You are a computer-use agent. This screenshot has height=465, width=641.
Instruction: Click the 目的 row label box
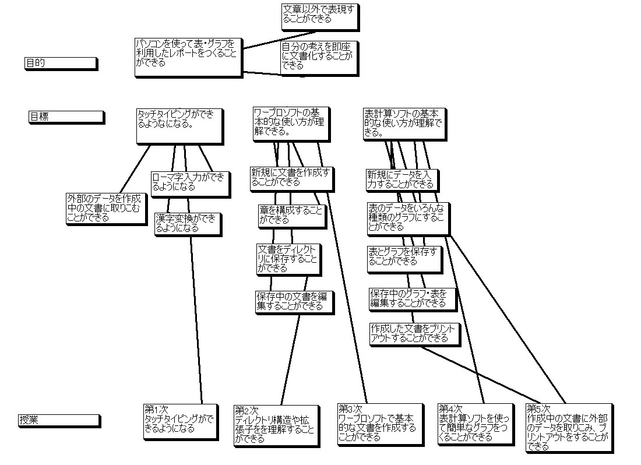point(60,63)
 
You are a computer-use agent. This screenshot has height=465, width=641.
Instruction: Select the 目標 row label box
point(66,117)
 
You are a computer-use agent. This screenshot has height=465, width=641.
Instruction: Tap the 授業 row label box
point(59,420)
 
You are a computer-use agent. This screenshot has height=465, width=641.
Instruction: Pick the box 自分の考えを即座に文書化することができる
point(318,57)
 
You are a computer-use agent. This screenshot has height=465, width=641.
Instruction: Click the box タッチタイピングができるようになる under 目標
point(179,126)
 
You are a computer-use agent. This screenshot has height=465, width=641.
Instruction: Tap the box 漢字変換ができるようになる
point(187,224)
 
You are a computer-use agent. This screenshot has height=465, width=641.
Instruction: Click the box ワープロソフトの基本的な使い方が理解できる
point(290,124)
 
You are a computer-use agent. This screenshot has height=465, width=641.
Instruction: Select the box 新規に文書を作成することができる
point(291,178)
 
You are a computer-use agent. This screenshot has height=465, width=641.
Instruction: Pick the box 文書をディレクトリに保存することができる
point(288,259)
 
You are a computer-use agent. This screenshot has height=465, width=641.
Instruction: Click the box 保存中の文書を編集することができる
point(294,301)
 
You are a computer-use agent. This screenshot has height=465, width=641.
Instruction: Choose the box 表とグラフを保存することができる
point(404,258)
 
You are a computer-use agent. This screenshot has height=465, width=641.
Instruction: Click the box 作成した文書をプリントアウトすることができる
point(414,333)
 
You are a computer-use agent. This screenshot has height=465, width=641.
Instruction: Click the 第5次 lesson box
point(569,427)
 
